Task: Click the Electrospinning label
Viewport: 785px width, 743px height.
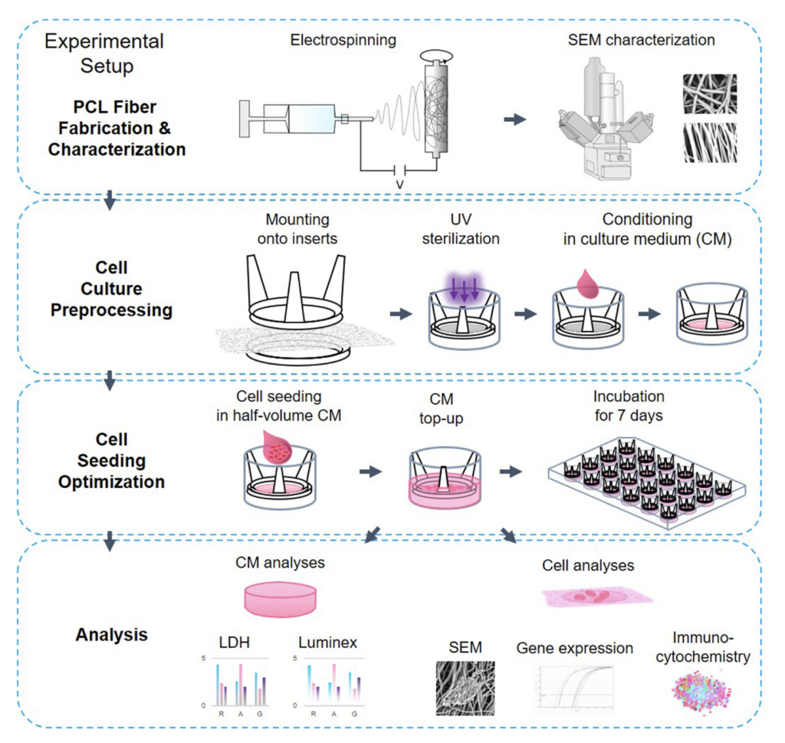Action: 343,40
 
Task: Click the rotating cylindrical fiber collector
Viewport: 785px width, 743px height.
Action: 435,106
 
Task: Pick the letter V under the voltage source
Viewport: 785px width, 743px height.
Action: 398,185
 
